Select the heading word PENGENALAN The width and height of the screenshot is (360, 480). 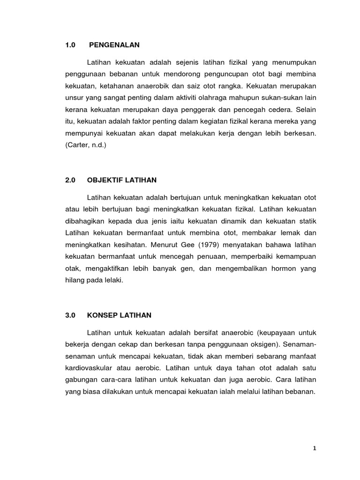tap(115, 45)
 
